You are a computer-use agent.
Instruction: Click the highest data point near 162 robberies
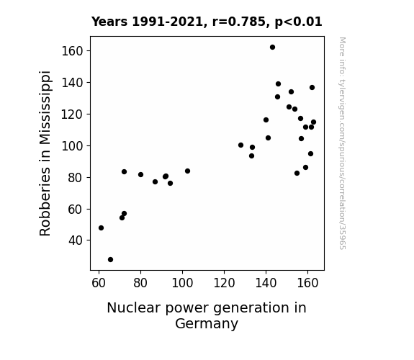tap(272, 48)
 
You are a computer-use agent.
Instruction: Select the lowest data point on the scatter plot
tap(110, 260)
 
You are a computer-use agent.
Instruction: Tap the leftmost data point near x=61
tap(101, 228)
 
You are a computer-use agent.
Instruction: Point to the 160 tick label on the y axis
tap(72, 51)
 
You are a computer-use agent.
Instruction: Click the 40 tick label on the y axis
tap(76, 240)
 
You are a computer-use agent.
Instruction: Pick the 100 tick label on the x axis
tap(182, 283)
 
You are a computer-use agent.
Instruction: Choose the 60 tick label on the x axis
tap(99, 283)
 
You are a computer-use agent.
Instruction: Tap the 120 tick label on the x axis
tap(224, 283)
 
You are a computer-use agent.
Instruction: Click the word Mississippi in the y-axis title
tap(45, 108)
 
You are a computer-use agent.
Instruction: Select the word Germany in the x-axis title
tap(207, 323)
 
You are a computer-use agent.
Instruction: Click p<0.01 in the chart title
tap(298, 22)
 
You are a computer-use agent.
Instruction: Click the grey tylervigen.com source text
tap(342, 143)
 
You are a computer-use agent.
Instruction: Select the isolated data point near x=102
tap(187, 171)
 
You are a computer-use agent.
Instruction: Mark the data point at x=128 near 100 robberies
tap(240, 145)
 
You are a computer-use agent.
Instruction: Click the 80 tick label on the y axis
tap(76, 178)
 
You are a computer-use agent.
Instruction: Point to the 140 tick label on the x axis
tap(266, 283)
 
